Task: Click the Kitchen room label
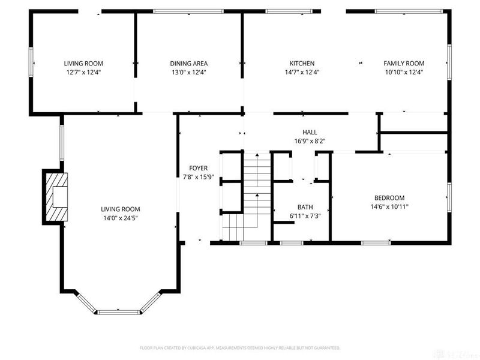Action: tap(302, 64)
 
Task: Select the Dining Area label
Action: tap(189, 64)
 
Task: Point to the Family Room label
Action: tap(404, 64)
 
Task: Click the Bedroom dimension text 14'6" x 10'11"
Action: tap(389, 206)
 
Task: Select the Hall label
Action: tap(310, 133)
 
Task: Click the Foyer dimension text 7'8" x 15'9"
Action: tap(198, 177)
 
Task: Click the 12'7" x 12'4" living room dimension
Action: tap(84, 72)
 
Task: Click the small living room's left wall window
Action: tap(31, 61)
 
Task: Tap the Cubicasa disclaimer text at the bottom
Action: tap(240, 348)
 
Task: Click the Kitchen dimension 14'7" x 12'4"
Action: tap(302, 72)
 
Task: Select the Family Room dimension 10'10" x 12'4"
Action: tap(404, 72)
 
